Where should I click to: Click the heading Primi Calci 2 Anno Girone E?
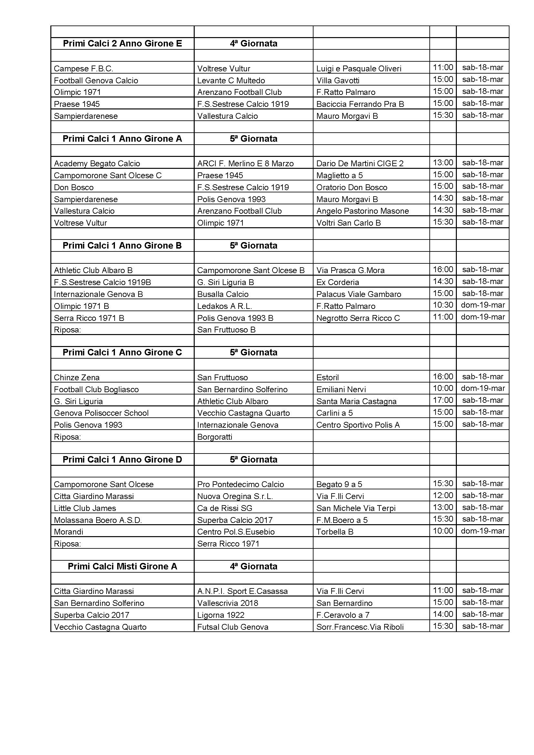[122, 44]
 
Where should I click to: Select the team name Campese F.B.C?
[84, 69]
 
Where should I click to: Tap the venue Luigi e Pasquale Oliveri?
[359, 69]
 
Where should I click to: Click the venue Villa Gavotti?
[338, 81]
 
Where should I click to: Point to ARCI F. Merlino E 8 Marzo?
[245, 164]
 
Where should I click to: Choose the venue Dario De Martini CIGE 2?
[360, 164]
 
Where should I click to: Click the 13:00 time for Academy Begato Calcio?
[443, 163]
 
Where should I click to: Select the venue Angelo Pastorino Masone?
[362, 211]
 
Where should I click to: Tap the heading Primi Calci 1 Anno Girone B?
[122, 246]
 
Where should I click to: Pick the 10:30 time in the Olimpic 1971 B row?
[443, 305]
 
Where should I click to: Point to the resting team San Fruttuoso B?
[226, 330]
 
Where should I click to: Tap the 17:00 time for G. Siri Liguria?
[443, 400]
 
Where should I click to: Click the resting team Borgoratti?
[215, 437]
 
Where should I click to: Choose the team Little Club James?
[85, 508]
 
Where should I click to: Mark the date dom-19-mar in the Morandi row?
[483, 531]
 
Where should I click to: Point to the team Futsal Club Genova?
[233, 627]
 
